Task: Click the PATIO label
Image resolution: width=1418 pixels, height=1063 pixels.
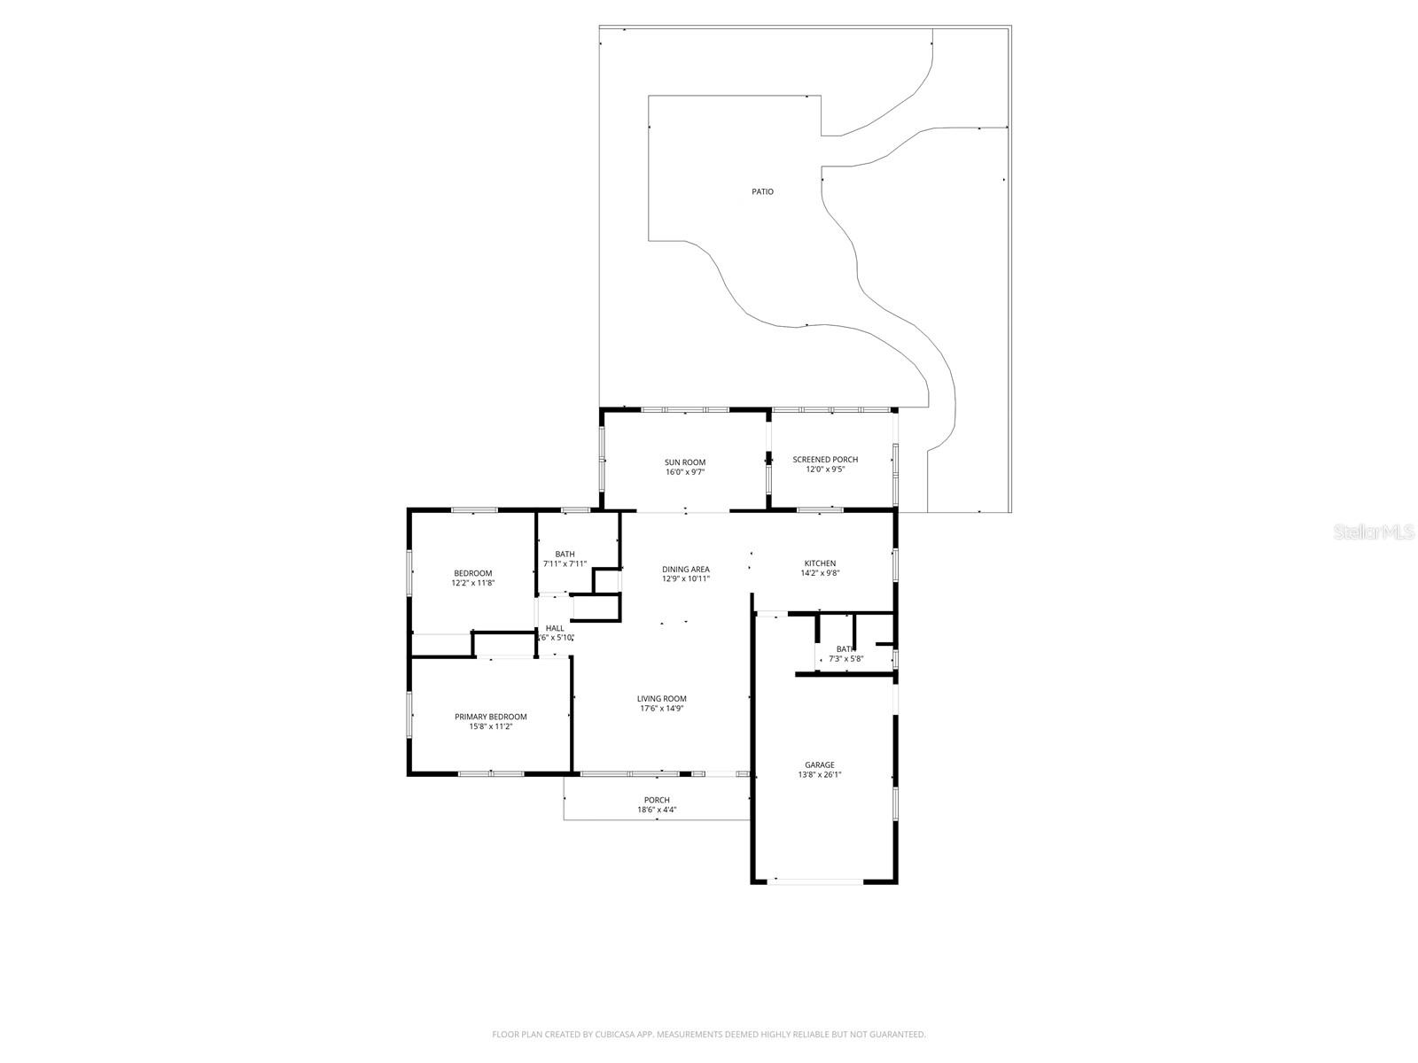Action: pos(762,191)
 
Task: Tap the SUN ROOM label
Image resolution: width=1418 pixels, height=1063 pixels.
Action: pos(685,462)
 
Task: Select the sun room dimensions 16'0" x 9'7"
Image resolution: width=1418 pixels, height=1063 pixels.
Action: pos(685,472)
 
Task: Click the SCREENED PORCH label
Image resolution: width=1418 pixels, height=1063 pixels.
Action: pos(825,459)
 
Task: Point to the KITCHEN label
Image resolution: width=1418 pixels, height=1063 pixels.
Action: pos(820,563)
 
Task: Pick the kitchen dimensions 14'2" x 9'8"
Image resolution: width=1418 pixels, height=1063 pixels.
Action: pos(820,573)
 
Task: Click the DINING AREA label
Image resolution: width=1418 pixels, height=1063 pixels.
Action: pos(686,570)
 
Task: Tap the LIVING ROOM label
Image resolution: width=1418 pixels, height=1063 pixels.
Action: pos(662,699)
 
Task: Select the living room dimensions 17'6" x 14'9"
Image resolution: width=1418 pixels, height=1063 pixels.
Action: pos(662,709)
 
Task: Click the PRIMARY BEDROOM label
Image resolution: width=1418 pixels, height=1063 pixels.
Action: pos(491,717)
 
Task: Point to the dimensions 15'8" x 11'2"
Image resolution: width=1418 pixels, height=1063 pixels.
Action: pos(491,726)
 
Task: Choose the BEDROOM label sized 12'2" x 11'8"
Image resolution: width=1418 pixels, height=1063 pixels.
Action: pos(472,573)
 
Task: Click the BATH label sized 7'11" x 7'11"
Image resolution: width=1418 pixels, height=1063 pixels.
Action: pos(565,555)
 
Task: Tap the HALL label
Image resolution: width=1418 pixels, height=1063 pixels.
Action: pos(555,628)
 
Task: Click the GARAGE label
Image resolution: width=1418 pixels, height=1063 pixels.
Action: pos(820,764)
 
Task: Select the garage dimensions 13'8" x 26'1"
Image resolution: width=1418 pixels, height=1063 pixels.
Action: pos(820,774)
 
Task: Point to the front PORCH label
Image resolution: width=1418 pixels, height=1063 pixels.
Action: pos(657,800)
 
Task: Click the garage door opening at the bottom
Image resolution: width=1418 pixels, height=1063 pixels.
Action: pos(815,881)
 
